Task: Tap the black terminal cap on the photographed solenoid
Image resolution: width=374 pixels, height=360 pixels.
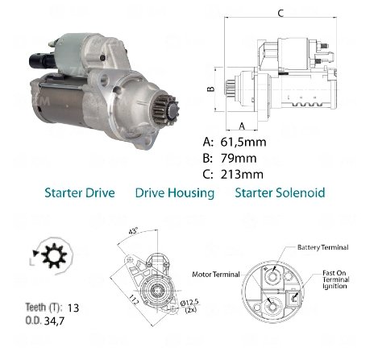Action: [42, 60]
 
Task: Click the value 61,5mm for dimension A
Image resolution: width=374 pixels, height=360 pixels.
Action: [243, 142]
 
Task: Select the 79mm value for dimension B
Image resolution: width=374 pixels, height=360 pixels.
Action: [239, 159]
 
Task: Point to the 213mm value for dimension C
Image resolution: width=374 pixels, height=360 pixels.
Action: [242, 175]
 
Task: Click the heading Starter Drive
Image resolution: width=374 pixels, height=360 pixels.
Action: [80, 193]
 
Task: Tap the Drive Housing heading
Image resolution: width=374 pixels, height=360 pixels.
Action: [175, 193]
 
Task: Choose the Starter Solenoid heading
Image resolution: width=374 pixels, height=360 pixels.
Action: [280, 192]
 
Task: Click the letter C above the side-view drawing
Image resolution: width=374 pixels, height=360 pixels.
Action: [280, 13]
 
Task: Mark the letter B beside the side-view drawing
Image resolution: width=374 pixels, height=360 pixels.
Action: [211, 89]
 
